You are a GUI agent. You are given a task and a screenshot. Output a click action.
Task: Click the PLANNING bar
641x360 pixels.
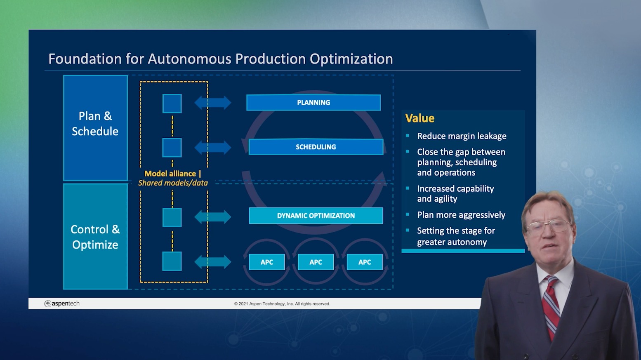pos(313,103)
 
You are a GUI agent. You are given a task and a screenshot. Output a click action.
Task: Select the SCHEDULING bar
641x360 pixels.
pos(316,147)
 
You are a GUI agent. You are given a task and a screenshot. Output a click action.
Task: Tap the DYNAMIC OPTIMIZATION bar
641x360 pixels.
pos(316,216)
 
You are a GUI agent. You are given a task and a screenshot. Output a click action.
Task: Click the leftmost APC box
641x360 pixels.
pos(267,262)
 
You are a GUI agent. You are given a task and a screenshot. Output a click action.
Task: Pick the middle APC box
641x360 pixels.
pos(316,262)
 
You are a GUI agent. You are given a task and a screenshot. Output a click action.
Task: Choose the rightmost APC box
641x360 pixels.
pos(365,262)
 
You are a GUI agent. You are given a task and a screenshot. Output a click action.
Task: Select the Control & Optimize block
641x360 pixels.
pos(95,237)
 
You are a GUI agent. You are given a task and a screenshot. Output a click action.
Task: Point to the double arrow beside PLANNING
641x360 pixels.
pos(213,103)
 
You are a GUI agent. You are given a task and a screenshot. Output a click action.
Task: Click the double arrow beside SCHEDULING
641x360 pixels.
pos(213,147)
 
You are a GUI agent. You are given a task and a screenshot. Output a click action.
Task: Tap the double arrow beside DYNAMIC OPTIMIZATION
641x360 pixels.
pos(213,217)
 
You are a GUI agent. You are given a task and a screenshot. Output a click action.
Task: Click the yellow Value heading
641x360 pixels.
pos(420,118)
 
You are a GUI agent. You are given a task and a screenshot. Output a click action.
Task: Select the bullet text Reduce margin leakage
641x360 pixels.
pos(462,136)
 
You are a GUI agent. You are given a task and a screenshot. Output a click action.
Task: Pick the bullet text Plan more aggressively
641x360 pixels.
pos(461,215)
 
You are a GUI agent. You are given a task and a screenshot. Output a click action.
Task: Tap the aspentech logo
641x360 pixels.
pos(62,304)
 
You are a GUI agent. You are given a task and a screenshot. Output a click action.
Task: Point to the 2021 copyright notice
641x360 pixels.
pos(282,304)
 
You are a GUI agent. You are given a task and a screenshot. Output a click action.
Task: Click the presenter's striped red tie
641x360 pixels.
pos(552,305)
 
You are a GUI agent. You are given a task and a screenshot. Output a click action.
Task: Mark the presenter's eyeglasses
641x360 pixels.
pos(548,226)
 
